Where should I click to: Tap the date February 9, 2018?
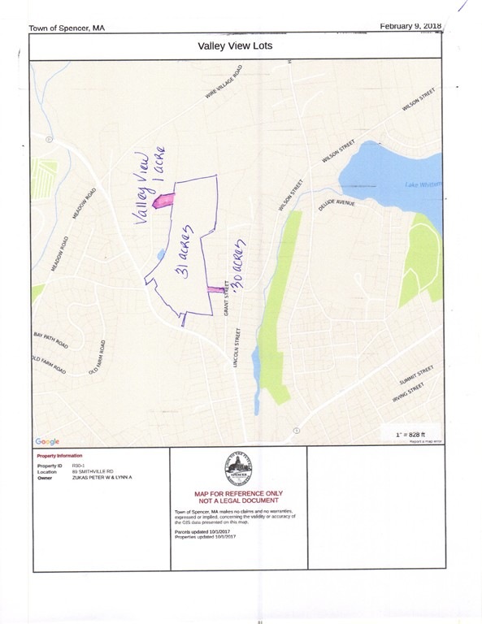pyautogui.click(x=410, y=26)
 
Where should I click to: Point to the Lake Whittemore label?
pyautogui.click(x=423, y=185)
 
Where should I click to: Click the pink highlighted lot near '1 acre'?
pyautogui.click(x=163, y=199)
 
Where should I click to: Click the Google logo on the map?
pyautogui.click(x=46, y=441)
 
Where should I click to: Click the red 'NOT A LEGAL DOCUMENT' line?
pyautogui.click(x=238, y=500)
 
